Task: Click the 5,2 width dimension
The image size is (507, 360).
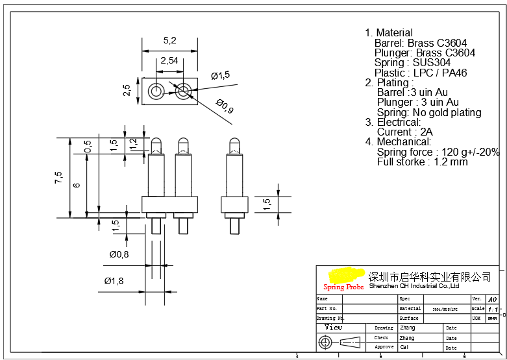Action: click(169, 40)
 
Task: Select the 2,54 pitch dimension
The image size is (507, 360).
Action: click(169, 60)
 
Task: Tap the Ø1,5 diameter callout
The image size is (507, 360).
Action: click(221, 75)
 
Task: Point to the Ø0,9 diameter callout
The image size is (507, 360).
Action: click(225, 106)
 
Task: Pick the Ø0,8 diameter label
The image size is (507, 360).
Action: click(119, 254)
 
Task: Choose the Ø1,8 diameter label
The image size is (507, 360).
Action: click(114, 281)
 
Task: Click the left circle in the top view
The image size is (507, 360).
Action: click(156, 91)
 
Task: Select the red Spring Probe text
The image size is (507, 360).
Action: click(343, 287)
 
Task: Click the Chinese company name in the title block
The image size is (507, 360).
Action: click(430, 277)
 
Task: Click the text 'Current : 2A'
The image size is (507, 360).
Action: click(404, 132)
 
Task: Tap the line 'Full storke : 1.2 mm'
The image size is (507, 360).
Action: click(422, 162)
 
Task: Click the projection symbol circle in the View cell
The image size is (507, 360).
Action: click(328, 342)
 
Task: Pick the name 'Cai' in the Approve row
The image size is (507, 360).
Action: click(404, 347)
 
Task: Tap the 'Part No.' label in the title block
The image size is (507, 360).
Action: click(327, 309)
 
